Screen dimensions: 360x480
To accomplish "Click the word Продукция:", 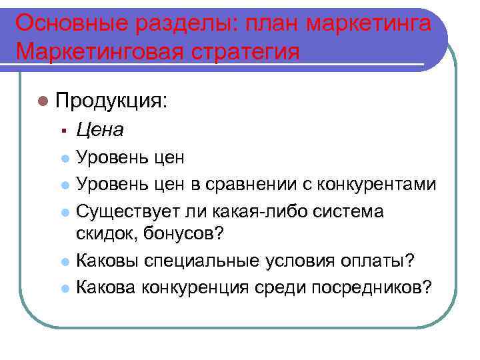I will click(112, 101).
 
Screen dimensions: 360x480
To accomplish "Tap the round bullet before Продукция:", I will click(43, 101).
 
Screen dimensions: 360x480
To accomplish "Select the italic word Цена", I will click(100, 129).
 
